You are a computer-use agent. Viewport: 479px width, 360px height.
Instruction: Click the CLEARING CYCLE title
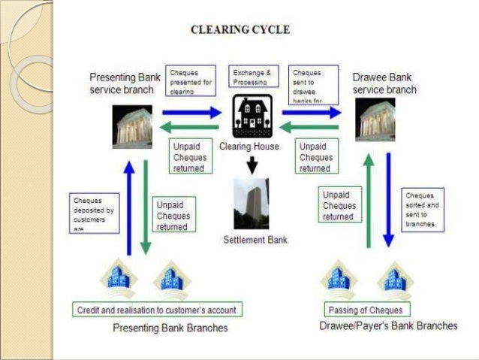click(240, 30)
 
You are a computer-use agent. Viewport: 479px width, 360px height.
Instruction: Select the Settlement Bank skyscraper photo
click(251, 203)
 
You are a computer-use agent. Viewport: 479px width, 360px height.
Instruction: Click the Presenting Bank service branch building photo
click(132, 126)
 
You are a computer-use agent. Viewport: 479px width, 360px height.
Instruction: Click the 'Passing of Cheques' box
click(366, 310)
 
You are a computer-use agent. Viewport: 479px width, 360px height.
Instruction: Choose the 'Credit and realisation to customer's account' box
click(157, 310)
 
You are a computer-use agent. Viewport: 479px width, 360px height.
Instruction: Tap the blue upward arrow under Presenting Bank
click(130, 206)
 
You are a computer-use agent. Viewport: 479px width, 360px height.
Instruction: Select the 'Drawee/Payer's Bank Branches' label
click(387, 326)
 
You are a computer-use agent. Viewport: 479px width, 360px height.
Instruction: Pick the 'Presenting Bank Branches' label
click(170, 328)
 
